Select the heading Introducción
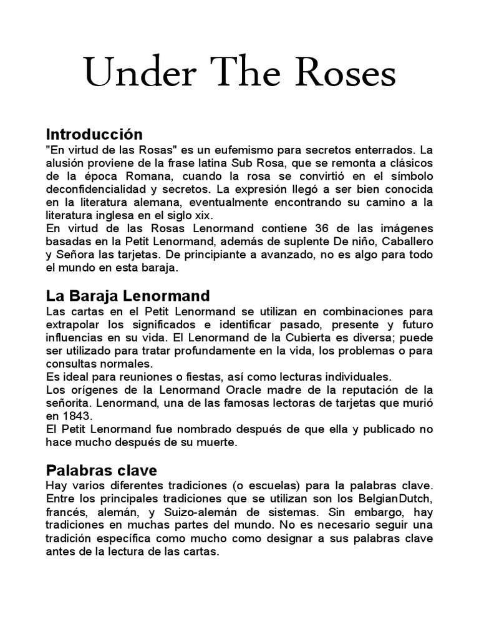click(94, 134)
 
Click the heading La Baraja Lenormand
click(127, 295)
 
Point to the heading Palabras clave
click(102, 470)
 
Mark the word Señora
click(77, 254)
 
